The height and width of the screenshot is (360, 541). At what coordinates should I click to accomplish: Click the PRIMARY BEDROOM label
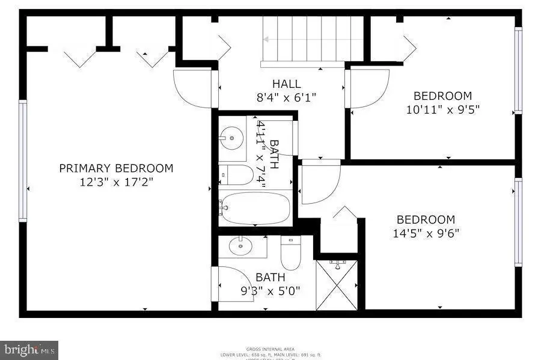point(116,168)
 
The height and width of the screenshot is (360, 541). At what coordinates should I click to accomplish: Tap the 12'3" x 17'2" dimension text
point(116,182)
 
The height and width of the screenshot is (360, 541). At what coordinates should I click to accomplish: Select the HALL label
point(286,84)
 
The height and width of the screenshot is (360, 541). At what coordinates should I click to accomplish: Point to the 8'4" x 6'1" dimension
point(286,97)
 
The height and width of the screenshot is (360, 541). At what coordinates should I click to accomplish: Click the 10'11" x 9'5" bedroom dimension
point(442,109)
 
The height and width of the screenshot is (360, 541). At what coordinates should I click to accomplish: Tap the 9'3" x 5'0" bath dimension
point(270,291)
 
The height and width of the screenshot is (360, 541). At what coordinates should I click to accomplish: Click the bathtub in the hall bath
point(254,208)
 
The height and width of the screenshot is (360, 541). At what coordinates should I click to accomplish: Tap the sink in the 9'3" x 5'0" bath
point(242,245)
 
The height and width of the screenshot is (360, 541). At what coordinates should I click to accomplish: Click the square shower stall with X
point(337,285)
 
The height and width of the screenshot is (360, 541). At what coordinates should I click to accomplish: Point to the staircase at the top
point(313,40)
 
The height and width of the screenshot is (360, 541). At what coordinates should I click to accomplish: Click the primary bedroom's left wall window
point(23,160)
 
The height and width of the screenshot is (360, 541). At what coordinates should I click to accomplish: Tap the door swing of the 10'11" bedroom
point(368,88)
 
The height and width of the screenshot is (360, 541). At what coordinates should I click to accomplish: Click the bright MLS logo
point(29,348)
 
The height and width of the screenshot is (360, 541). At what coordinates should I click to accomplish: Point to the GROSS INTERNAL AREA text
point(270,349)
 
